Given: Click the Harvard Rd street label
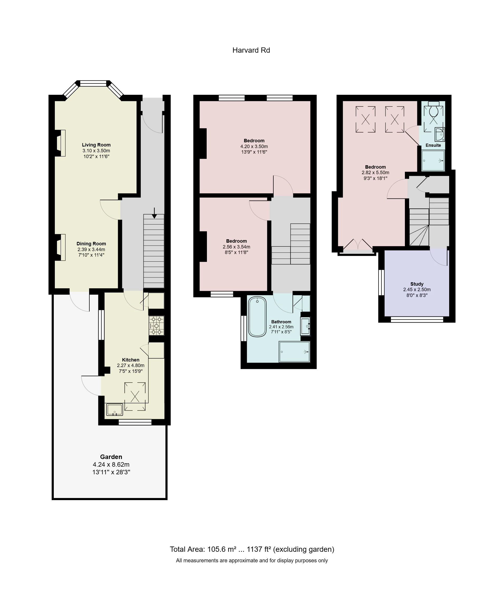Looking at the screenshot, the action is point(251,50).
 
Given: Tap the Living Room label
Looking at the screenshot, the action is point(96,145).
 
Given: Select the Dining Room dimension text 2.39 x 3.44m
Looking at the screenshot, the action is point(91,250).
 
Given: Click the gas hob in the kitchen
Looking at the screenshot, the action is point(157,326).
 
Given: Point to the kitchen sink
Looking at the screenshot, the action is point(115,409).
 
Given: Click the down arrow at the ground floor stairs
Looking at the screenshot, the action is point(154,213).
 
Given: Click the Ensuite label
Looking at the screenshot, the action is point(433,145).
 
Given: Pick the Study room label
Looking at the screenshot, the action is point(417,284).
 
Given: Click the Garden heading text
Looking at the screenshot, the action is point(111,457).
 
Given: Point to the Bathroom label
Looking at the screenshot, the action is point(281,321).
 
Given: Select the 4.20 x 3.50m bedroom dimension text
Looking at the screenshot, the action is point(254,147).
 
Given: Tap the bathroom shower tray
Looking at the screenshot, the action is point(294,352).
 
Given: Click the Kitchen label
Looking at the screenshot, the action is point(131,360).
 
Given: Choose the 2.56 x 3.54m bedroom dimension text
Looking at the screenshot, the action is point(236,247).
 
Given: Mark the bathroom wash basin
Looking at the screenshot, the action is point(305,326).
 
